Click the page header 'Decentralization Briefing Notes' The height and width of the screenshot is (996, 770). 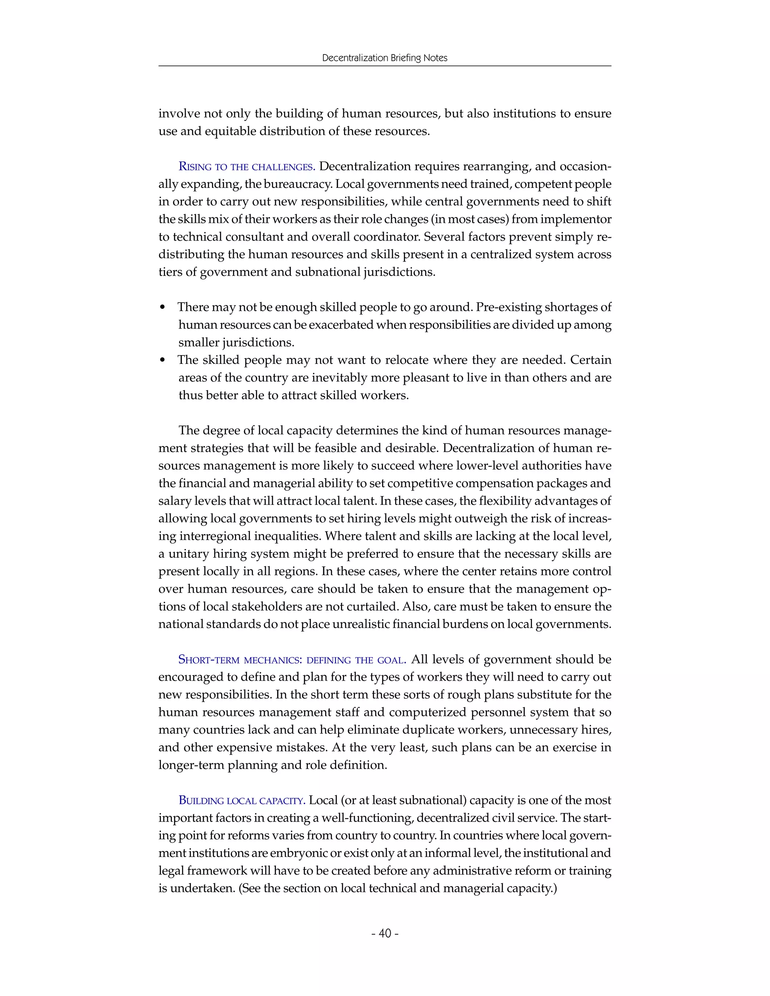(x=385, y=58)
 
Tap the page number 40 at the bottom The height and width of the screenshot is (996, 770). (x=385, y=933)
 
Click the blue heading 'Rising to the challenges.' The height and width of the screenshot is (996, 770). (x=247, y=167)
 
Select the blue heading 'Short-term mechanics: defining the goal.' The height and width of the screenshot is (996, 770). (x=292, y=660)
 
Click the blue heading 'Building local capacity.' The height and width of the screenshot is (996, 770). (x=242, y=801)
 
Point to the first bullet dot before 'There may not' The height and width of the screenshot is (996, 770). (x=162, y=308)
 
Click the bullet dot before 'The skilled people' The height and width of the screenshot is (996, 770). (x=162, y=361)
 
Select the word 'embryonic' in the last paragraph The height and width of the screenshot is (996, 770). (x=298, y=853)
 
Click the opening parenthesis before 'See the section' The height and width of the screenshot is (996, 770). (x=240, y=889)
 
